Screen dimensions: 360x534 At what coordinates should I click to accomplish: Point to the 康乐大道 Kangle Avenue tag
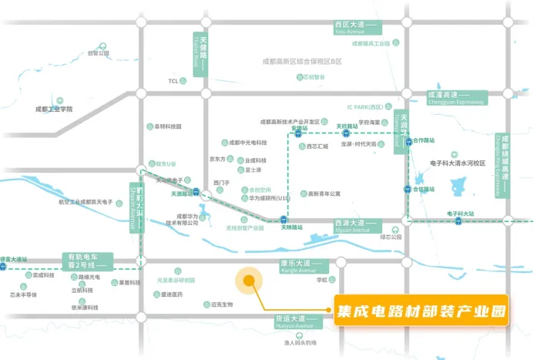point(302,267)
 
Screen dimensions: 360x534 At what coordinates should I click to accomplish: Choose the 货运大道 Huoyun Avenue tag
point(297,321)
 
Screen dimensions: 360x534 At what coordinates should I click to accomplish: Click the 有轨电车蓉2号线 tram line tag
point(87,261)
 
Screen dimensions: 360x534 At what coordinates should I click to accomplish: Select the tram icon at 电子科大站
point(459,221)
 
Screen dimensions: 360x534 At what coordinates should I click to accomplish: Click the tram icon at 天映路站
point(285,220)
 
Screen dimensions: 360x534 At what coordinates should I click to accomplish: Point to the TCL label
point(173,80)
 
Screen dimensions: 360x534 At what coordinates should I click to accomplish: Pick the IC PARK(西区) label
point(364,107)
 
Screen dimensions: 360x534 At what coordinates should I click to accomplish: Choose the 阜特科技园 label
point(166,126)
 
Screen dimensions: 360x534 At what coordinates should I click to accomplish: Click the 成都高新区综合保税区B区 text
point(301,60)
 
